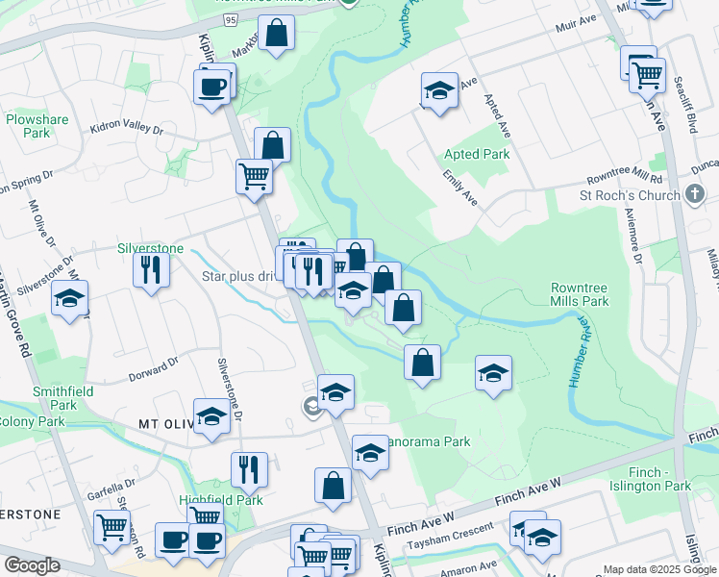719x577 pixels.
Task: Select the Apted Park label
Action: [x=477, y=154]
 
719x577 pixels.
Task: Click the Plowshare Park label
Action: [x=37, y=126]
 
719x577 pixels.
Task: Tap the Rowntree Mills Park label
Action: [x=580, y=294]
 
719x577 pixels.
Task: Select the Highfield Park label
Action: [x=208, y=501]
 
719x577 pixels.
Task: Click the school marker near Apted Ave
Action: [x=439, y=90]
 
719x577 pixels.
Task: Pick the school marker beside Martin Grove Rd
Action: [x=70, y=298]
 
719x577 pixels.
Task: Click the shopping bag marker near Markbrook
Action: [x=276, y=34]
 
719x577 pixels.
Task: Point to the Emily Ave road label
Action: [x=460, y=188]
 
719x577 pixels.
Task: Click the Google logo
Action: [x=32, y=566]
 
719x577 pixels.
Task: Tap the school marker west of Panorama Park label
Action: [x=370, y=452]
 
